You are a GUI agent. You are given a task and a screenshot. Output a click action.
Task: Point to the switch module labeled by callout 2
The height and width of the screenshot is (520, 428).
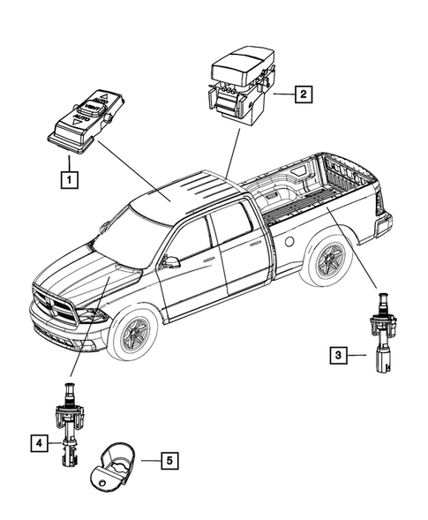click(237, 87)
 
